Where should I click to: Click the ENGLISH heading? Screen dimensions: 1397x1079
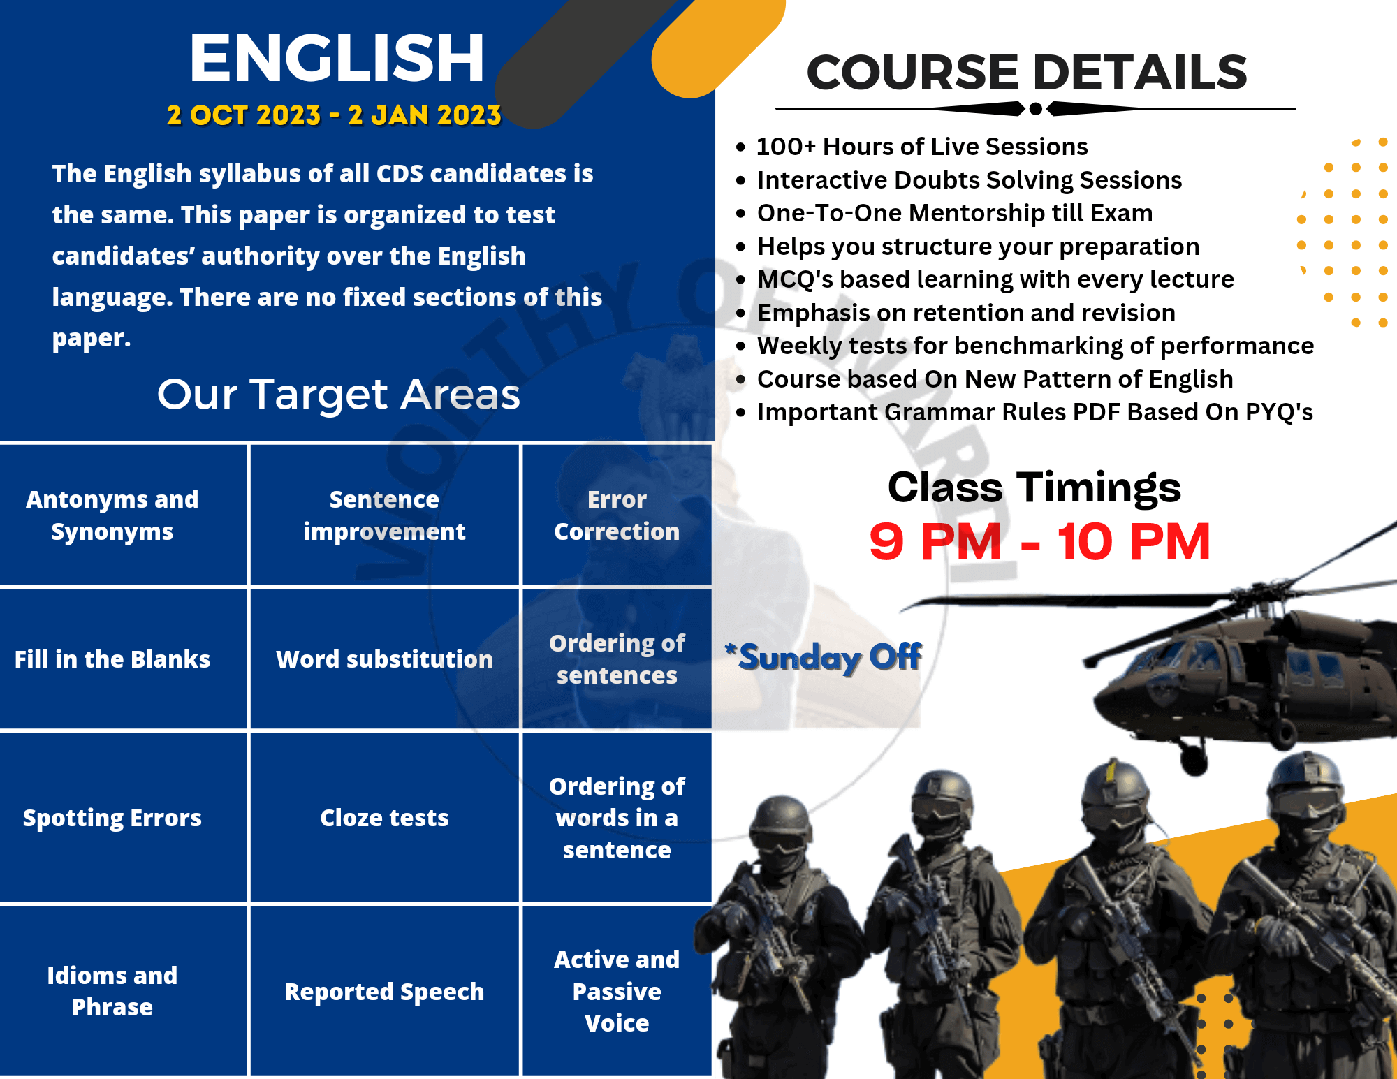click(x=337, y=59)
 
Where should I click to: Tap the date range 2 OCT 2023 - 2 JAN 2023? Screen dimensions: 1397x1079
click(x=334, y=115)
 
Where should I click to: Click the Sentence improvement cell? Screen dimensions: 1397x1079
click(x=384, y=515)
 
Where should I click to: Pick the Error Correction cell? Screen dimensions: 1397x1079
click(x=617, y=515)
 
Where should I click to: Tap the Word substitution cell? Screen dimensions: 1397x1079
click(x=384, y=659)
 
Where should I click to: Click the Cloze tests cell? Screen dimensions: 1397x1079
click(x=384, y=818)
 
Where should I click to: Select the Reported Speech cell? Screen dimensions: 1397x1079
click(x=384, y=991)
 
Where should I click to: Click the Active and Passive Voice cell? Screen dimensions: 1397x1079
click(x=617, y=991)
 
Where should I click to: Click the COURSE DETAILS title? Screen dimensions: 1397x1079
click(x=1027, y=73)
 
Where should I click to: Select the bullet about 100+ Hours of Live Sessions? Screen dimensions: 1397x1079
click(x=912, y=147)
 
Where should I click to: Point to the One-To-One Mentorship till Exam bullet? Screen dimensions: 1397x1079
click(x=945, y=213)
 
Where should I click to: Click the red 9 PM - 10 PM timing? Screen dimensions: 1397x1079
click(x=1039, y=542)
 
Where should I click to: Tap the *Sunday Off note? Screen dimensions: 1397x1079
click(x=824, y=657)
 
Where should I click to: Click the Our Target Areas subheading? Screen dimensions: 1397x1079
click(x=339, y=394)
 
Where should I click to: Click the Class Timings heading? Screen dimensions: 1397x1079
click(x=1034, y=487)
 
